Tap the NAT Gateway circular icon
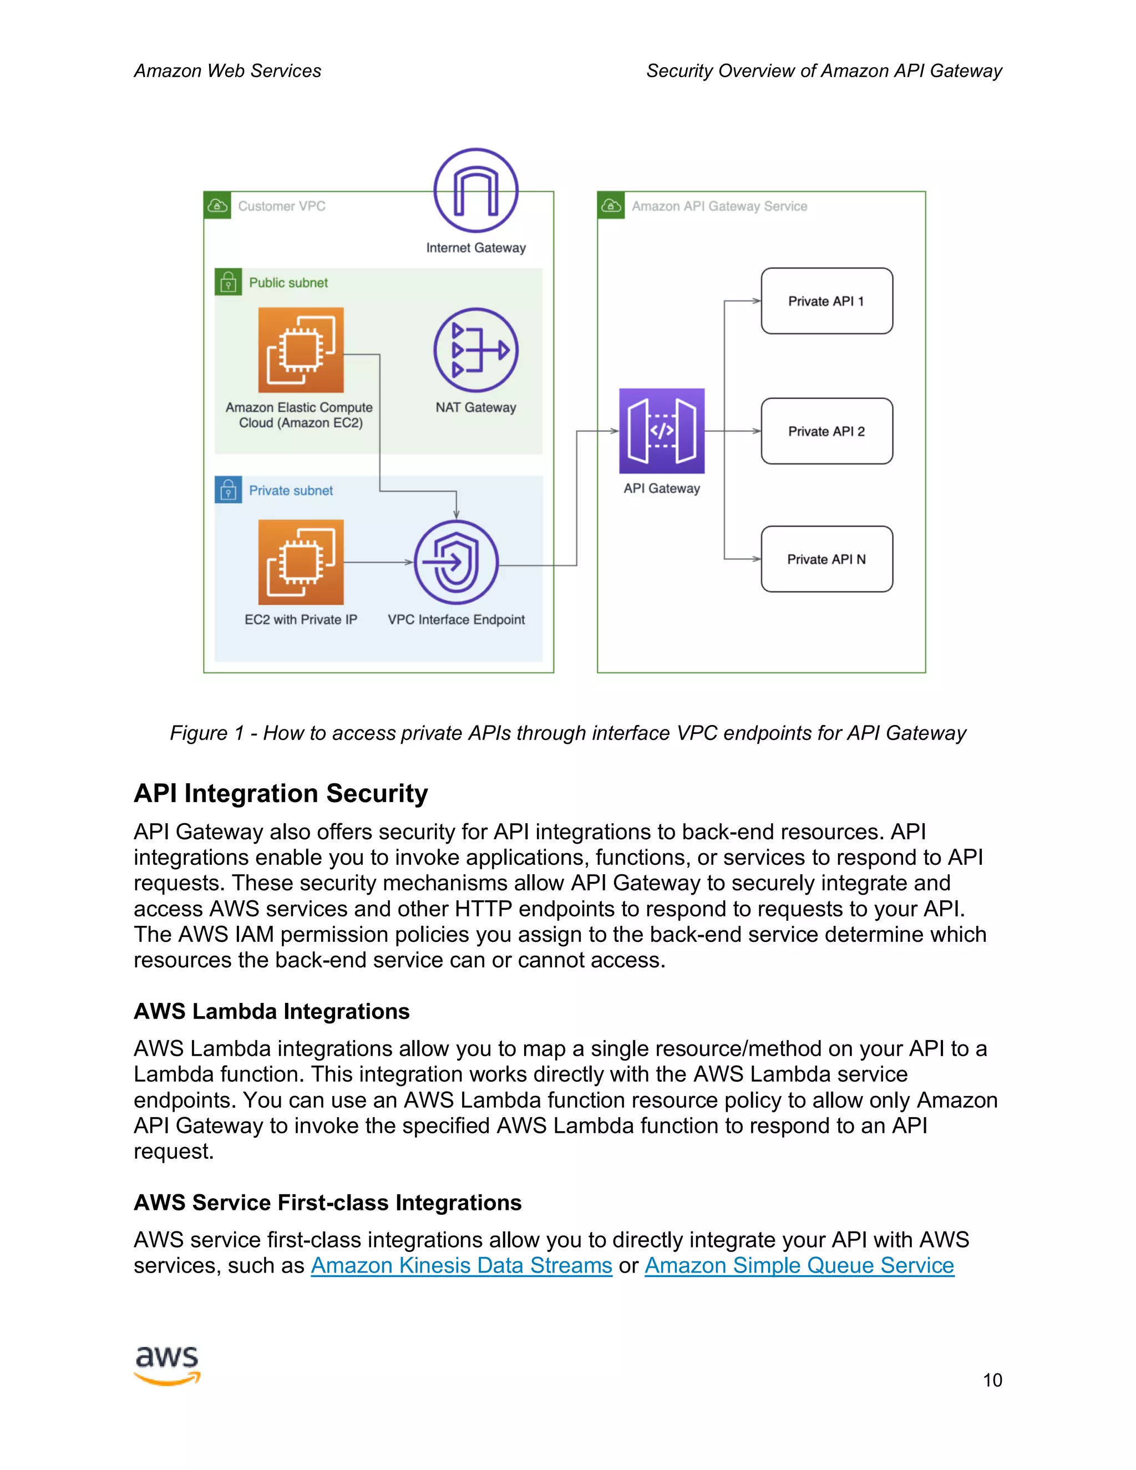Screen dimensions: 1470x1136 point(476,350)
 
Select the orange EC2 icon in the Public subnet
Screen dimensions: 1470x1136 point(301,350)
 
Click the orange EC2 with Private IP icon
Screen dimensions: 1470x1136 point(301,562)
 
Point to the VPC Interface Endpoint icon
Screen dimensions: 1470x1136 point(457,562)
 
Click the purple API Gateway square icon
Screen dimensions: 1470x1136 point(662,431)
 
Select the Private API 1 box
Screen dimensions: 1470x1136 point(826,301)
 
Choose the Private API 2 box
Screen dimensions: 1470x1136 point(826,431)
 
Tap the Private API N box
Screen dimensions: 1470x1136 point(826,559)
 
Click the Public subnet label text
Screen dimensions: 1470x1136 point(288,283)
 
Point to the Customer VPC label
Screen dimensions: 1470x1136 point(281,206)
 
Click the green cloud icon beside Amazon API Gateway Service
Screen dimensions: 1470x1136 point(610,205)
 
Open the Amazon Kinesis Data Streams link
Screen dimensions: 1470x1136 point(461,1265)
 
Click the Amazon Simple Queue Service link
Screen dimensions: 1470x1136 point(799,1265)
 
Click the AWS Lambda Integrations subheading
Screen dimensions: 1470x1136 point(271,1011)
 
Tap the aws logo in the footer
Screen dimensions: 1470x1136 point(167,1365)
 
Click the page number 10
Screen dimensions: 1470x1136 point(992,1381)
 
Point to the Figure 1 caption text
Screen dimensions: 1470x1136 point(567,733)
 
